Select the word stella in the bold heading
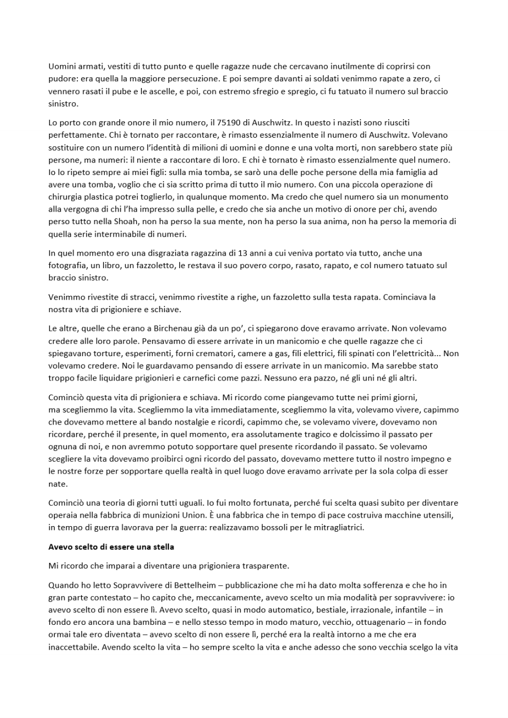162,547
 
